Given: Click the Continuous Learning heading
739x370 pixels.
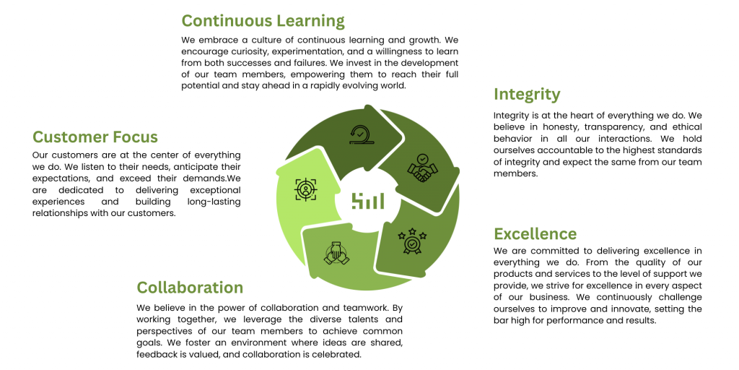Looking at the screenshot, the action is (x=263, y=21).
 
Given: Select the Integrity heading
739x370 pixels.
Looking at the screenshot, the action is (x=527, y=95).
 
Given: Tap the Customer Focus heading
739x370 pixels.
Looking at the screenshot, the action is (x=95, y=137).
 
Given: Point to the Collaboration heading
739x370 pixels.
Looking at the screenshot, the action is (x=190, y=288).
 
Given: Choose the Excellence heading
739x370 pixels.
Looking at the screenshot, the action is (x=535, y=233).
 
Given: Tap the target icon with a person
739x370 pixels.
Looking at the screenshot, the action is (x=306, y=190).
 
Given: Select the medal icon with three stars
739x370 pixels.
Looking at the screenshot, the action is (x=412, y=241).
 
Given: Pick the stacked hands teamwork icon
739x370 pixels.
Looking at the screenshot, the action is (x=336, y=253).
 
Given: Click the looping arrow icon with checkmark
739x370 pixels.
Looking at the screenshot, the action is (x=362, y=134).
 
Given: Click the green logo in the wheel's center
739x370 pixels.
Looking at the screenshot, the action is (x=367, y=201).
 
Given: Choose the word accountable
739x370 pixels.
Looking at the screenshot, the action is (x=561, y=150).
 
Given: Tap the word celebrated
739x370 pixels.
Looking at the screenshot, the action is (x=341, y=354).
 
